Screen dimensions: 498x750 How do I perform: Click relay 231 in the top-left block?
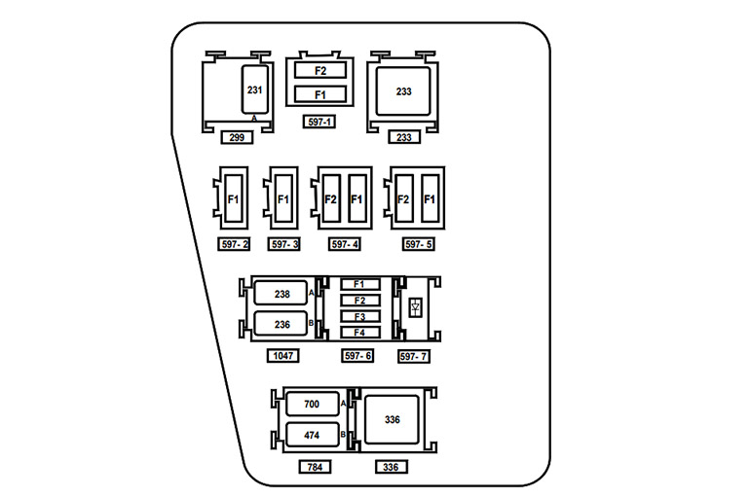pos(255,90)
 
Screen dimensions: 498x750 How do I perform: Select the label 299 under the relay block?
pos(237,137)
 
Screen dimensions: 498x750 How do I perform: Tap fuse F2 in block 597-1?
pos(320,71)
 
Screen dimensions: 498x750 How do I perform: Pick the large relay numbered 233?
pos(403,91)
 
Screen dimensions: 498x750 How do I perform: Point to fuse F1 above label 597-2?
pos(233,199)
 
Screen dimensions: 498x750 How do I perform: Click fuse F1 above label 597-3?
pos(283,199)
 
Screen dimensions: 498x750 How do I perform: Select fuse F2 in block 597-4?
pos(330,199)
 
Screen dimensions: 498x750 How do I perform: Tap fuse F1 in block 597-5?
pos(430,199)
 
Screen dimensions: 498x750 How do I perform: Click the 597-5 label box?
pos(418,244)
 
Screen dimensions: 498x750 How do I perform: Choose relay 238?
pos(281,293)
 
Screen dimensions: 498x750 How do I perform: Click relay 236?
pos(281,324)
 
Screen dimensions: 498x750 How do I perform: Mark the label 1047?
pos(282,357)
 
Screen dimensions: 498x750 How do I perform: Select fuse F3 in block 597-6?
pos(359,316)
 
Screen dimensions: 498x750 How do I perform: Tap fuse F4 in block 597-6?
pos(359,332)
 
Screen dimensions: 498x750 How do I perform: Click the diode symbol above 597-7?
pos(416,307)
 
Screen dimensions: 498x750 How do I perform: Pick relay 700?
pos(311,403)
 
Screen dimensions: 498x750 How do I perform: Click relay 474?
pos(311,434)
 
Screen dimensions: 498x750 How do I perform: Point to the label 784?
pos(315,467)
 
